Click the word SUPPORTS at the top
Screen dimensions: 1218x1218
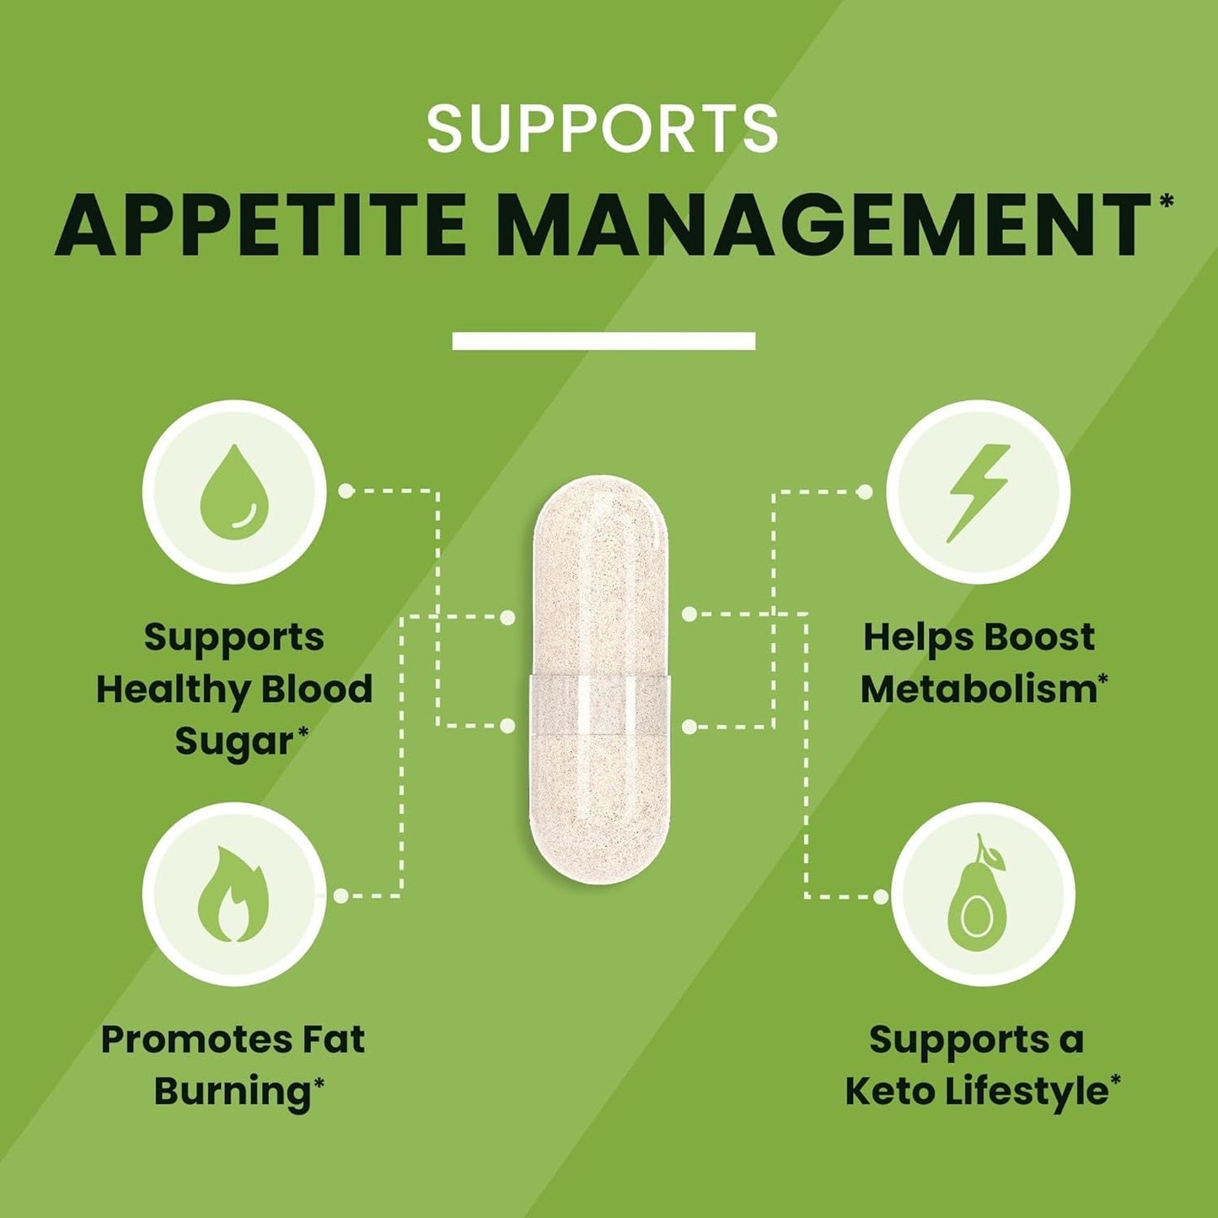[x=602, y=129]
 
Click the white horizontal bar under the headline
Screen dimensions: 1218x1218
[x=604, y=341]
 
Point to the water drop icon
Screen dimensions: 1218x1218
[x=234, y=492]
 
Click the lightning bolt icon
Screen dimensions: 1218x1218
[x=978, y=492]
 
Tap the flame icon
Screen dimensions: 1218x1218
[x=233, y=894]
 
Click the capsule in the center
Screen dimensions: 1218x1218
[x=600, y=679]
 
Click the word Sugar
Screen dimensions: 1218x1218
[x=233, y=742]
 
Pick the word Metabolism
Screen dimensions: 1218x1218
[x=978, y=689]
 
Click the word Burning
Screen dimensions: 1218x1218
[x=232, y=1092]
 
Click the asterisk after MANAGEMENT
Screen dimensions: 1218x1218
[x=1166, y=201]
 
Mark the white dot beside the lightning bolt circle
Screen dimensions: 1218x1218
[x=864, y=491]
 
